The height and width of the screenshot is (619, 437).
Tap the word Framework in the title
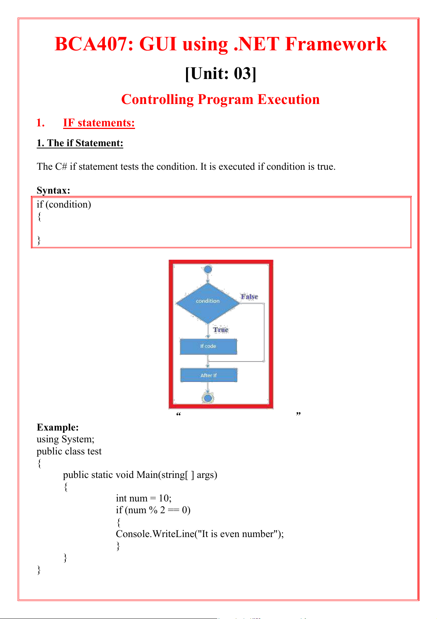[336, 44]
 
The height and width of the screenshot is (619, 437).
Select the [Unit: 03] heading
[221, 73]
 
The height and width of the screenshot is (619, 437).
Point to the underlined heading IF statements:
[99, 123]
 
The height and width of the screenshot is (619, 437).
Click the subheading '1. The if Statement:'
[80, 143]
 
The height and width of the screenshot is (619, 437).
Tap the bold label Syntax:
[53, 190]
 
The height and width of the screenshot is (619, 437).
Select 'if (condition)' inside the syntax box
[64, 204]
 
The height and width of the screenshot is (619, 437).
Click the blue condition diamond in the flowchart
[208, 303]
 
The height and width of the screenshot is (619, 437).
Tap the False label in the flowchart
[250, 296]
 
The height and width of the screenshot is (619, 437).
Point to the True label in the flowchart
[221, 330]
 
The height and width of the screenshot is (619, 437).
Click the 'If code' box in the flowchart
[208, 346]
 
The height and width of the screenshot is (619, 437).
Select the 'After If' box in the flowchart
[208, 375]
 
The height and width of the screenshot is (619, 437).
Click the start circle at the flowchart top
[208, 270]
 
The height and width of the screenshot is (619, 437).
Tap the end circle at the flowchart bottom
[208, 398]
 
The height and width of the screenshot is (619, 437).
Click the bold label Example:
[58, 427]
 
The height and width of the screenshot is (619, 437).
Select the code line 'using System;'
[65, 439]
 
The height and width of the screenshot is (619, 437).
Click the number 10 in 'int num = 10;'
[163, 498]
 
